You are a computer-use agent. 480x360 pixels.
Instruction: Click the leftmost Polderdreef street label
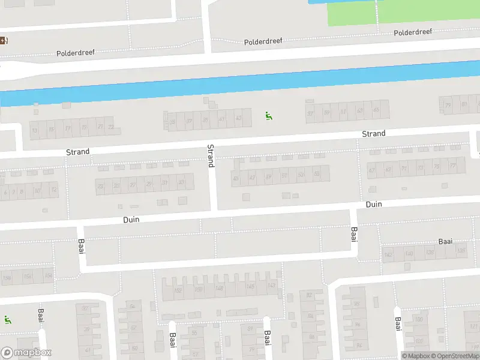tap(76, 53)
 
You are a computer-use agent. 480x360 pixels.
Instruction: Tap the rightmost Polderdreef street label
tap(413, 32)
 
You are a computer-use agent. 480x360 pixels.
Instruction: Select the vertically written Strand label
tap(211, 155)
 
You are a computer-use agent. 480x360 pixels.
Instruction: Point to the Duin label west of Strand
tap(131, 220)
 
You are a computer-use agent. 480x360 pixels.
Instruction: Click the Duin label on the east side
tap(374, 205)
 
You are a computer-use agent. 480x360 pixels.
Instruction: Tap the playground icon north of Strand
tap(268, 115)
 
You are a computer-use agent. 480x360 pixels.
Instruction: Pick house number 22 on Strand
tap(110, 127)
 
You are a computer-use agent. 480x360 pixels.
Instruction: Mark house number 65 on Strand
tap(376, 110)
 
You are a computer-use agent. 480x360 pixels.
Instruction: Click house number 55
tap(317, 175)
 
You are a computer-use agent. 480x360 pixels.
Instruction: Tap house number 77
tap(453, 166)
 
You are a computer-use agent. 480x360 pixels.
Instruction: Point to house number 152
tap(178, 290)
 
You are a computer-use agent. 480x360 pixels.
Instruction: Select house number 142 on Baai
tap(388, 255)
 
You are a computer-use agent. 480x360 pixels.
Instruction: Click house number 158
tap(7, 278)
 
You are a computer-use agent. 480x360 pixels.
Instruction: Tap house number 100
tap(418, 319)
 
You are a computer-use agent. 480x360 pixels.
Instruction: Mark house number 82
tap(310, 295)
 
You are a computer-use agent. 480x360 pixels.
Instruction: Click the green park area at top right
tap(402, 12)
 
